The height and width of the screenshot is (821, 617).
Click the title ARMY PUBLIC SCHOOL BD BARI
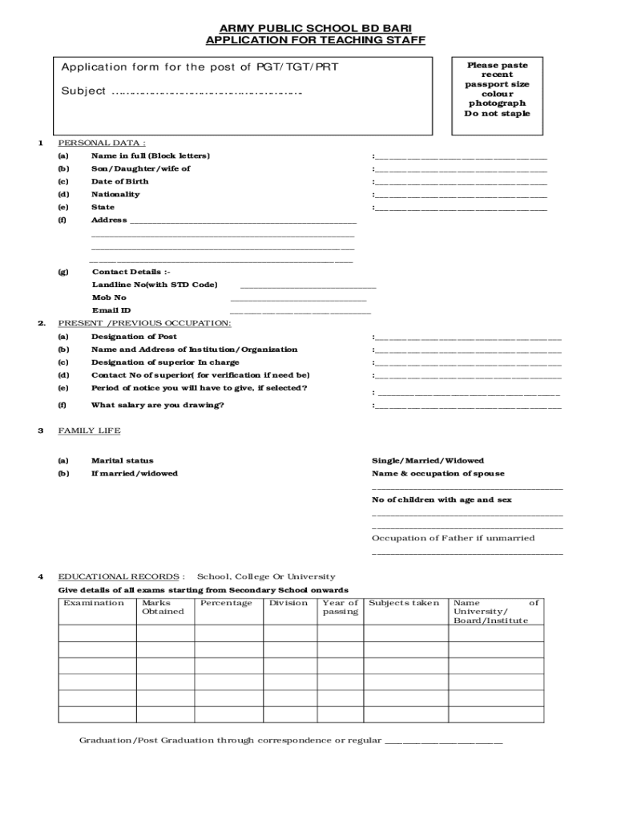[x=315, y=27]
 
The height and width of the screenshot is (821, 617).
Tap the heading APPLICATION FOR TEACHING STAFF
[x=315, y=40]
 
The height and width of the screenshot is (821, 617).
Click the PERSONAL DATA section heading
[x=102, y=143]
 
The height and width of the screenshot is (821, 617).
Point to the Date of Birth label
[x=119, y=181]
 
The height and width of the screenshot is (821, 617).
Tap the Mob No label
[x=109, y=297]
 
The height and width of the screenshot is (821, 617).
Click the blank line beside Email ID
[x=300, y=311]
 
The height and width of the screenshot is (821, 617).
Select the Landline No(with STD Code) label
[x=155, y=285]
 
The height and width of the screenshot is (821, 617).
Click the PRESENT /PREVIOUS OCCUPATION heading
[x=145, y=322]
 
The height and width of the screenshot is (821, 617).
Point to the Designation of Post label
[x=134, y=337]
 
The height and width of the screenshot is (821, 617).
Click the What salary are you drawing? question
[x=158, y=405]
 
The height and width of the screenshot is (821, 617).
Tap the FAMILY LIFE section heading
[x=89, y=431]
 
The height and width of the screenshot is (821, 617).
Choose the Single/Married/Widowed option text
[x=428, y=461]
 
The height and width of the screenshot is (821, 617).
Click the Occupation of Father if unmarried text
[x=453, y=538]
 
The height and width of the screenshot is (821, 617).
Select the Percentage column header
[x=226, y=603]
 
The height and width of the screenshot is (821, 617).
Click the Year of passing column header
[x=340, y=607]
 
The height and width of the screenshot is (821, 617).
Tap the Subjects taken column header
[x=404, y=603]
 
